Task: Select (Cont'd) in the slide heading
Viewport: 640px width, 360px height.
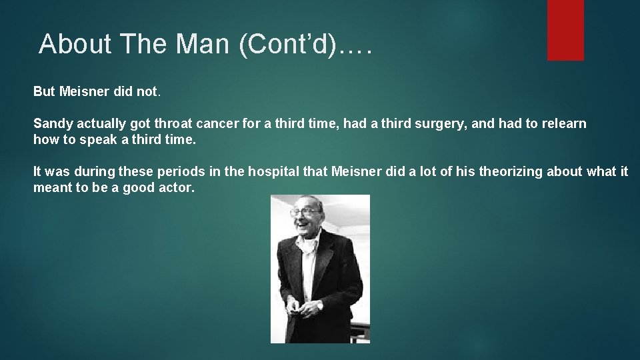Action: pyautogui.click(x=288, y=44)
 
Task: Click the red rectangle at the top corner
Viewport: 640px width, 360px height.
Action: pyautogui.click(x=565, y=29)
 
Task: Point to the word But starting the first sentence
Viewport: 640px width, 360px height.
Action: pyautogui.click(x=45, y=91)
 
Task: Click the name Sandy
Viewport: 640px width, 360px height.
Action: pyautogui.click(x=51, y=123)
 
